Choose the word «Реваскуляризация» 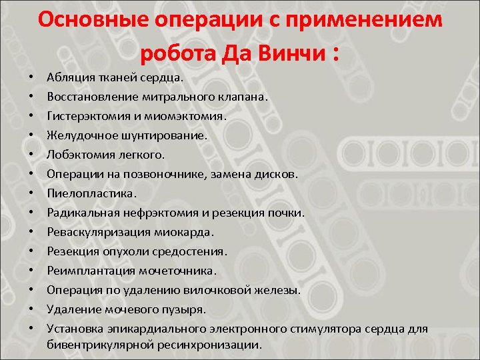[x=93, y=232]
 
